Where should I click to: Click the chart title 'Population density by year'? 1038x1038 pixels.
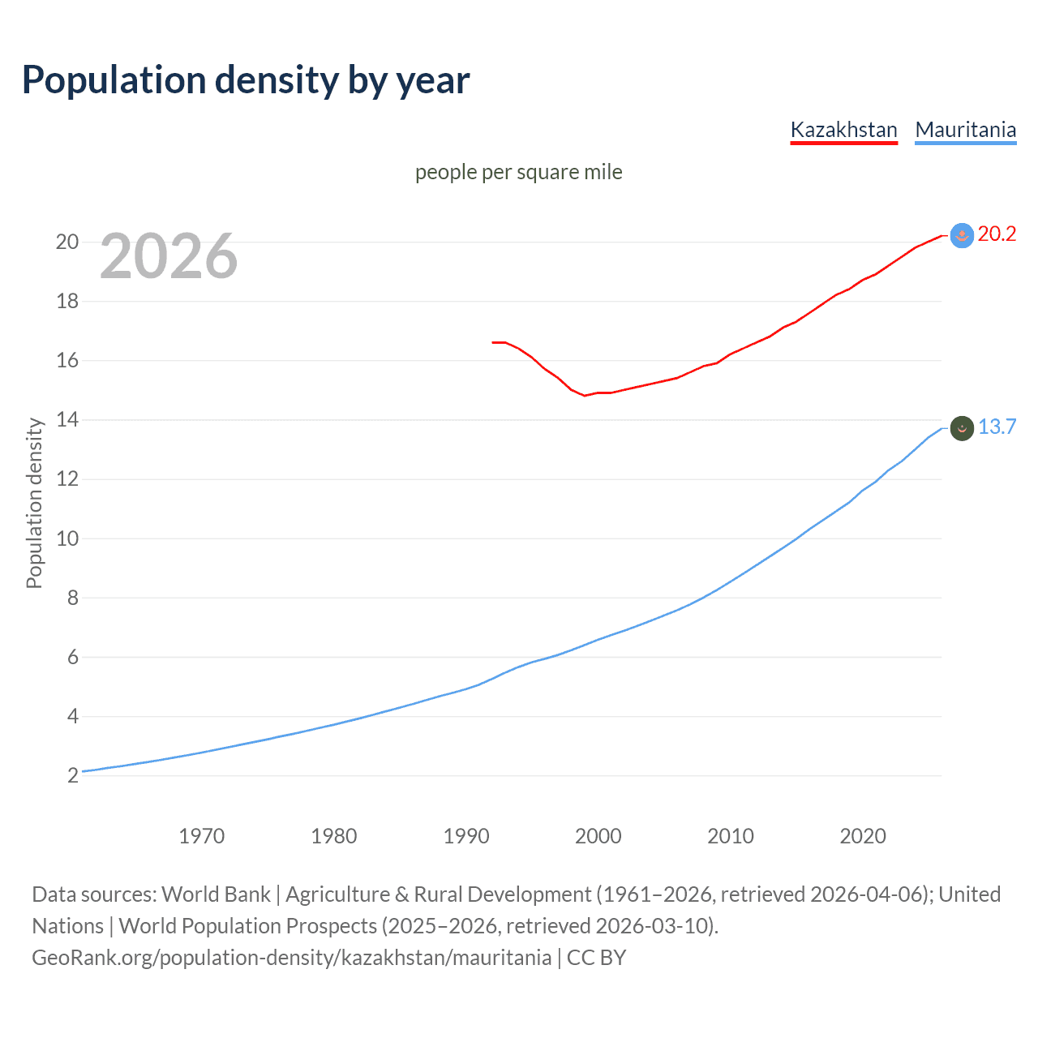(x=246, y=80)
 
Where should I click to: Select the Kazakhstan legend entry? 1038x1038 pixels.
(x=843, y=130)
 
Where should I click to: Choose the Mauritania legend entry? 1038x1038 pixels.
(x=965, y=130)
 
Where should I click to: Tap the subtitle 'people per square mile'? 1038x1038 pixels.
(x=519, y=172)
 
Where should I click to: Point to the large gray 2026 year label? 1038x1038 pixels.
(x=169, y=256)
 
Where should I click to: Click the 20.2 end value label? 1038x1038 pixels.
(x=997, y=234)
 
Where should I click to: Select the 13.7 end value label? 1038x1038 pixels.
(x=997, y=427)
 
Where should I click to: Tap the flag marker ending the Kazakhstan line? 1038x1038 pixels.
(x=962, y=235)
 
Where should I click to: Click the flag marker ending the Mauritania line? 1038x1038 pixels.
(x=962, y=428)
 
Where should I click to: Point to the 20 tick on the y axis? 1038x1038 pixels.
(x=67, y=242)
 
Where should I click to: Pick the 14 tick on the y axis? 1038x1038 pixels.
(x=67, y=420)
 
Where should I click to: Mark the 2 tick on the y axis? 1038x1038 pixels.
(x=73, y=775)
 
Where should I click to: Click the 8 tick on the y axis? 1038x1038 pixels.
(x=73, y=598)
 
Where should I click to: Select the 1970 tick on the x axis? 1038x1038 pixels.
(x=201, y=836)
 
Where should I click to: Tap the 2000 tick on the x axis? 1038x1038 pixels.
(x=598, y=836)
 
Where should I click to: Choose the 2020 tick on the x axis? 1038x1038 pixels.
(x=862, y=836)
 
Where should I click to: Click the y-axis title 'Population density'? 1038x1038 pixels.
(x=34, y=503)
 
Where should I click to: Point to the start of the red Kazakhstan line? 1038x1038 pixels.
(x=493, y=342)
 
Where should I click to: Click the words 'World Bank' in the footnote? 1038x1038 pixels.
(x=216, y=894)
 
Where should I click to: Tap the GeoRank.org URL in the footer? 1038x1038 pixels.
(x=292, y=958)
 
